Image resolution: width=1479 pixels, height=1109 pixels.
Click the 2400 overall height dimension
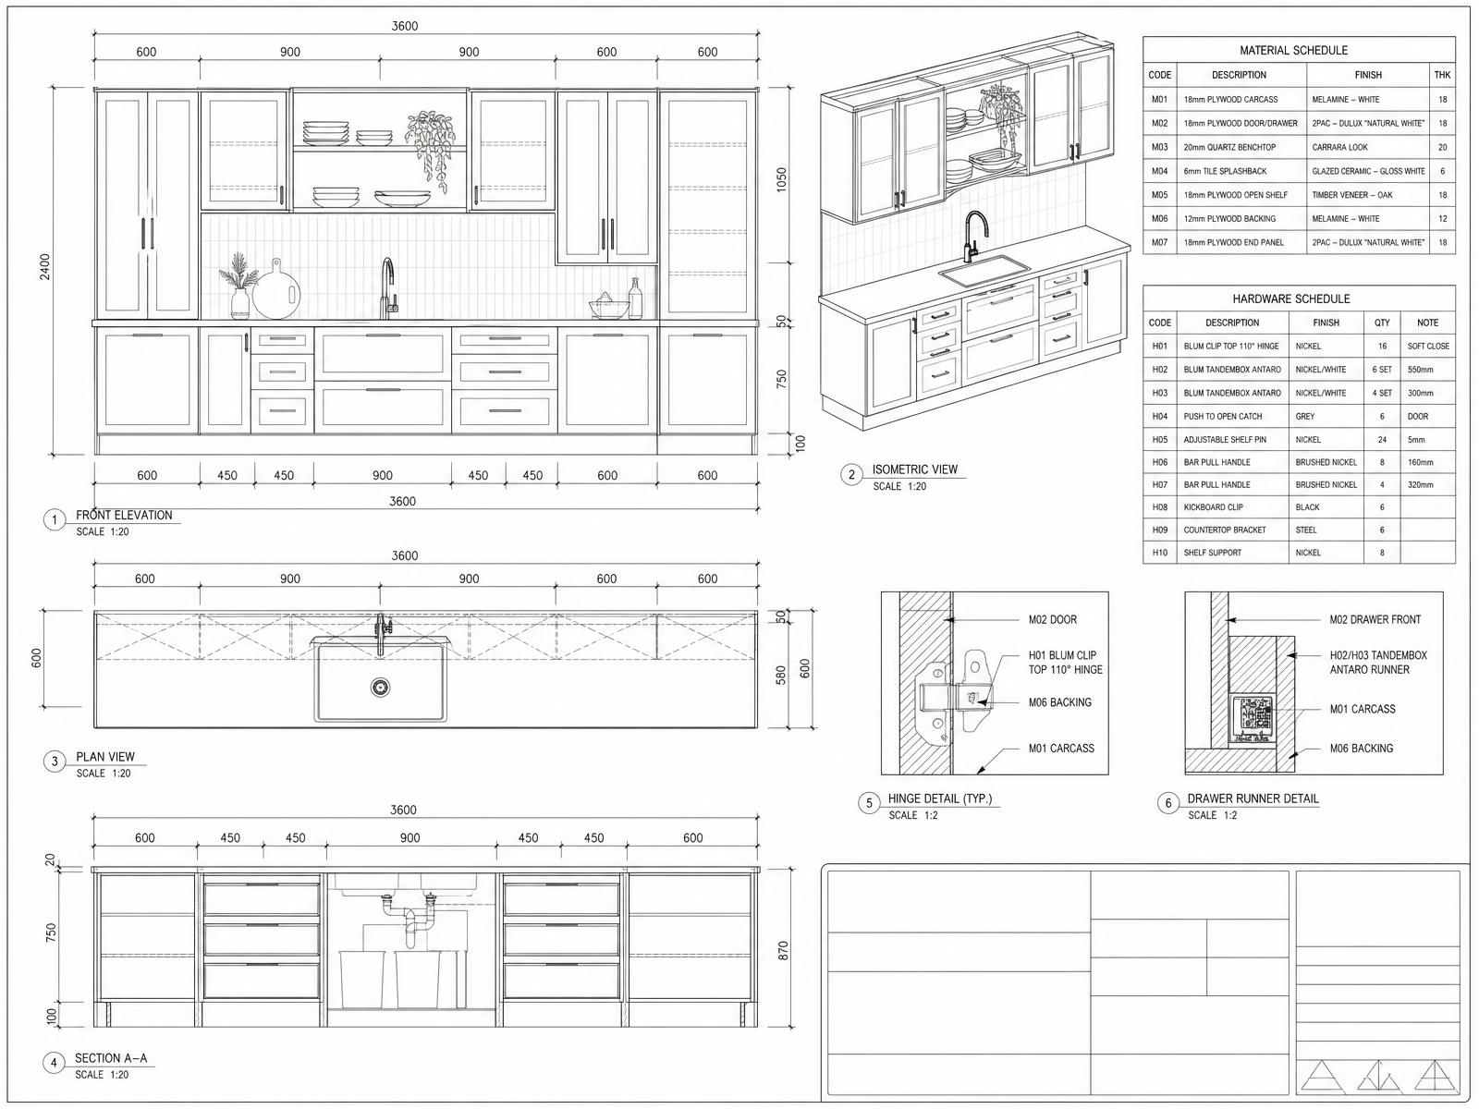(44, 267)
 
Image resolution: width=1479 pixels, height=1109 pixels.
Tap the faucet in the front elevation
(388, 287)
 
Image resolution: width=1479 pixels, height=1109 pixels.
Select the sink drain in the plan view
(380, 687)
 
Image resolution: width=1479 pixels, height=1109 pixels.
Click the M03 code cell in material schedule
(1159, 148)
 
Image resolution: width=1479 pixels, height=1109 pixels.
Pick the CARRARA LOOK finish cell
(1339, 148)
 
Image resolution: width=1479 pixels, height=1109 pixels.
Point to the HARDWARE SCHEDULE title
(1291, 299)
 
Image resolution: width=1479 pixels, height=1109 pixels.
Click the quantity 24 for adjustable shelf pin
(1382, 440)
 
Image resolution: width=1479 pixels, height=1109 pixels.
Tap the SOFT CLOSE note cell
(1428, 346)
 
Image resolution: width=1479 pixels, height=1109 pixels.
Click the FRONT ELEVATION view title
(124, 515)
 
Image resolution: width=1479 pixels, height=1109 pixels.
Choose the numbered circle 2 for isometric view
(851, 475)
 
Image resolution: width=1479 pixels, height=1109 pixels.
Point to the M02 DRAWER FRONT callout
(1375, 619)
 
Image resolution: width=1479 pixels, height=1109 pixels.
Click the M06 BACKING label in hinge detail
(1059, 702)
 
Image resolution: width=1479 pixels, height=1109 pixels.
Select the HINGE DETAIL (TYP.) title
(939, 798)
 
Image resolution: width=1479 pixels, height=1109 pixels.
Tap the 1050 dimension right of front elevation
(782, 180)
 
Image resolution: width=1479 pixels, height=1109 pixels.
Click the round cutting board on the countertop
(276, 289)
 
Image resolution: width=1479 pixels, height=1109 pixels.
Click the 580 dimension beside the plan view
(781, 676)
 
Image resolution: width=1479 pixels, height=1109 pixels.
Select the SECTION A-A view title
(111, 1058)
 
